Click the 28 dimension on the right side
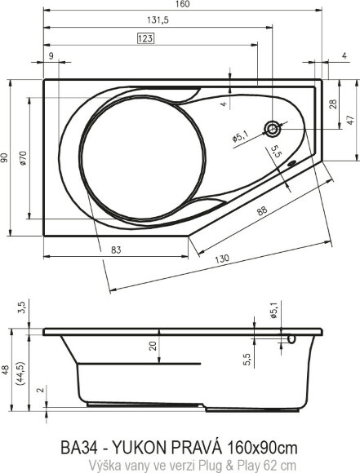tap(332, 104)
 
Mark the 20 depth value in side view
tap(153, 345)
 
